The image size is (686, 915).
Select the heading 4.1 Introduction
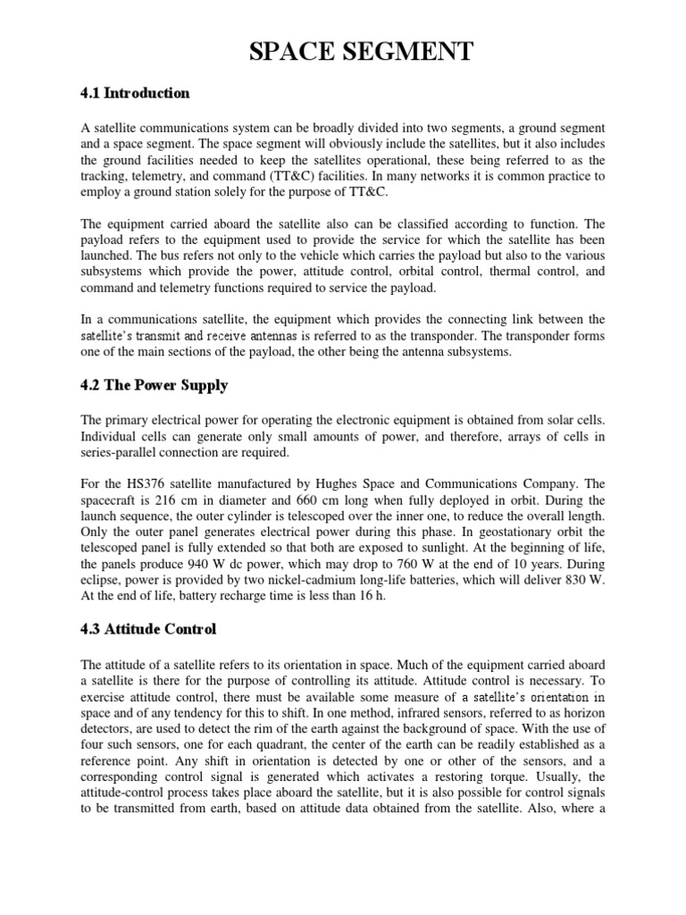135,93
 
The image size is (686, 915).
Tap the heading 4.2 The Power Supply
155,386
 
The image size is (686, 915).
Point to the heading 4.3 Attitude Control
148,630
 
